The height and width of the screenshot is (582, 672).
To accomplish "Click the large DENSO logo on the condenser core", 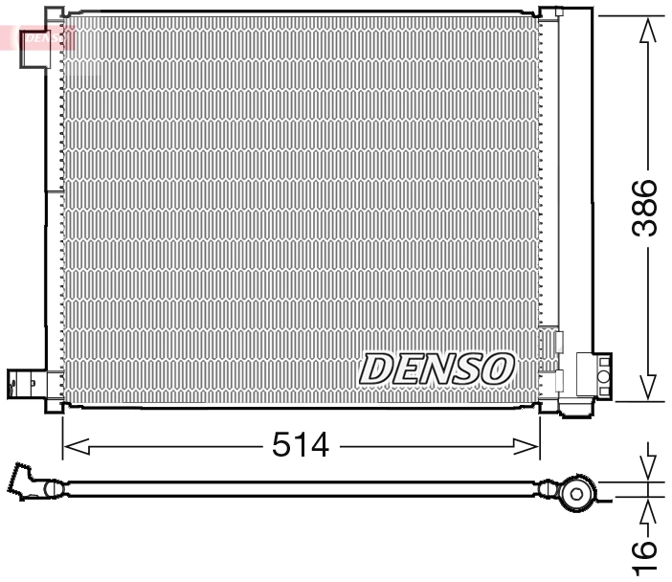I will (437, 368).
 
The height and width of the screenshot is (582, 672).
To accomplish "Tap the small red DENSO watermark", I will (45, 38).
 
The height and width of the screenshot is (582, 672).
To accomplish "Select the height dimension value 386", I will (648, 208).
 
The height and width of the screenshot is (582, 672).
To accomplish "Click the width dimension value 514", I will (301, 445).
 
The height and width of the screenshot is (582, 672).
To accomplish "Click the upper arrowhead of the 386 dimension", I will (648, 32).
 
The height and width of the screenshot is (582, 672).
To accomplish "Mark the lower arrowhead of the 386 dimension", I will (648, 386).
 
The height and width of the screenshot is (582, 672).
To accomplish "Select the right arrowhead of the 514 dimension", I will (526, 446).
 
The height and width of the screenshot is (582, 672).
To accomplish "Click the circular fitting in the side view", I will (576, 494).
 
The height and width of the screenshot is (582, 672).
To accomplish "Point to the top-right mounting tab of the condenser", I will (550, 13).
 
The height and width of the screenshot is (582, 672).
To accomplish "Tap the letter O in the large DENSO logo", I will (499, 368).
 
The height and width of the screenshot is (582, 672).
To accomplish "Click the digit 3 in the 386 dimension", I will (648, 227).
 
